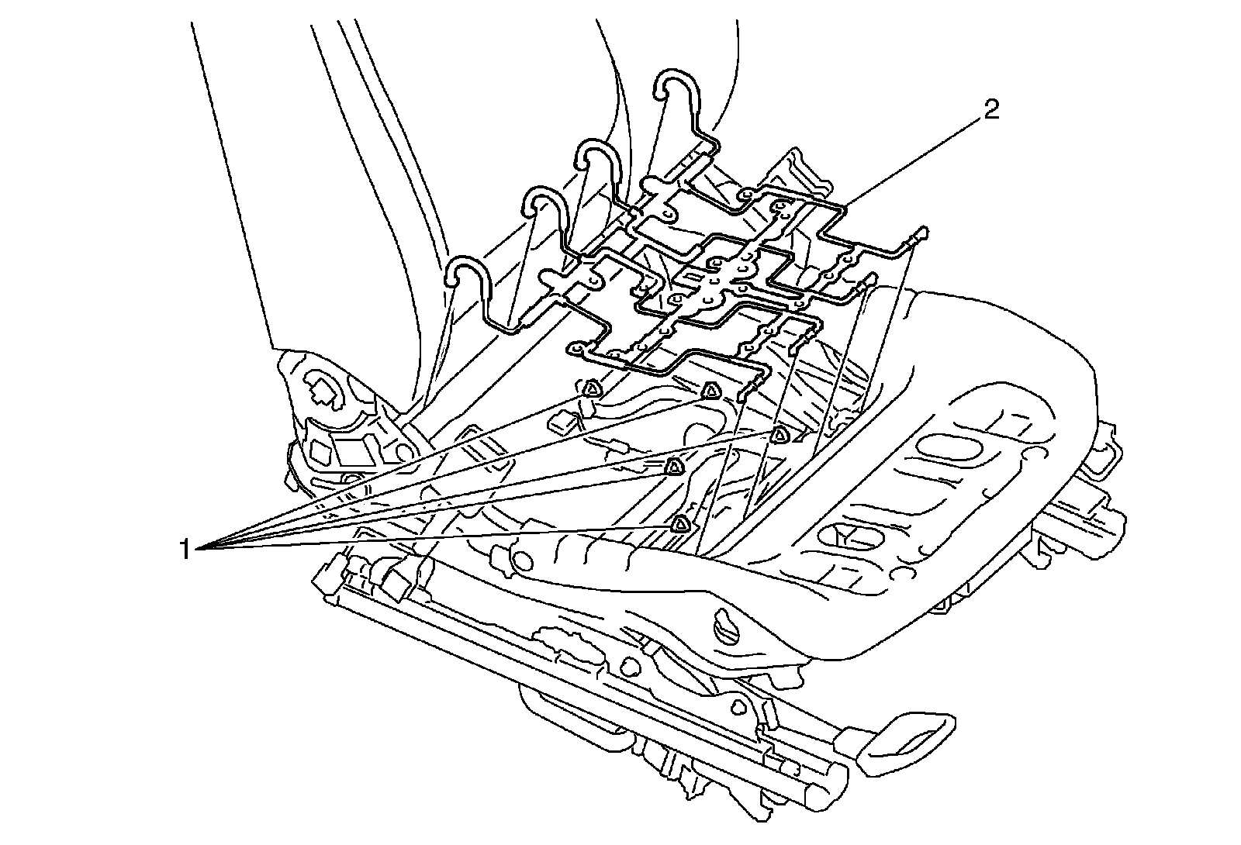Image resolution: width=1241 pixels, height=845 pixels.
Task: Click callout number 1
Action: click(x=184, y=550)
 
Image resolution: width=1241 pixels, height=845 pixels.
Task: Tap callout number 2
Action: click(x=991, y=110)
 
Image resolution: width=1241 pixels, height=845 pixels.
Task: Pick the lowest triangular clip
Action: click(x=680, y=524)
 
